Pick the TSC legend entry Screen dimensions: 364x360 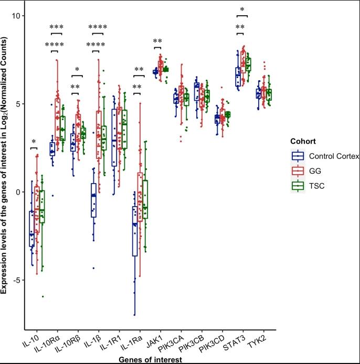[x=317, y=186]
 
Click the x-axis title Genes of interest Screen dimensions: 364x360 [x=151, y=359]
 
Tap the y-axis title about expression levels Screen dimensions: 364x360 [x=6, y=173]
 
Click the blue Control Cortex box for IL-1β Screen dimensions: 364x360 [x=93, y=200]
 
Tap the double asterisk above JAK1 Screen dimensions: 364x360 [x=157, y=41]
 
